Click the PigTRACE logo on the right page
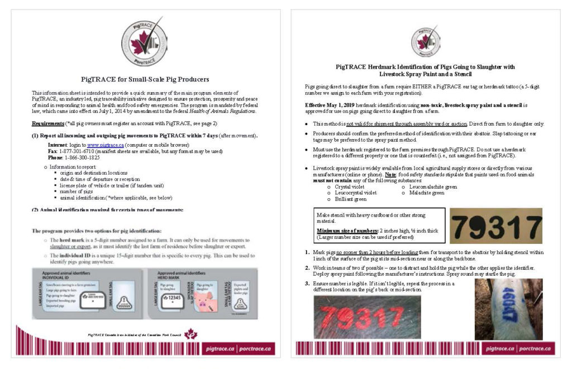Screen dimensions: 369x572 (425, 40)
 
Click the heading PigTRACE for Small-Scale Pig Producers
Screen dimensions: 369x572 (145, 79)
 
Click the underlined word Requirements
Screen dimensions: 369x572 (47, 123)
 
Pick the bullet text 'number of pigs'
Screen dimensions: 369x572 (78, 191)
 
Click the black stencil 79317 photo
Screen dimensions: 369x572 (495, 226)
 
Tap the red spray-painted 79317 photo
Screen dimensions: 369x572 (367, 317)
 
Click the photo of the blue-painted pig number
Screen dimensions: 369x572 (501, 309)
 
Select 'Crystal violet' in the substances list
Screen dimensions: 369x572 (352, 187)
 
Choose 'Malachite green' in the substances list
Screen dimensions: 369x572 (426, 193)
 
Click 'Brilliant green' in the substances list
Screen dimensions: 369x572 (351, 199)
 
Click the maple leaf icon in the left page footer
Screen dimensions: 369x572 (191, 334)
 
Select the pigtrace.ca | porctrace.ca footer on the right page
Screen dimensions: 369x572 (520, 348)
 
